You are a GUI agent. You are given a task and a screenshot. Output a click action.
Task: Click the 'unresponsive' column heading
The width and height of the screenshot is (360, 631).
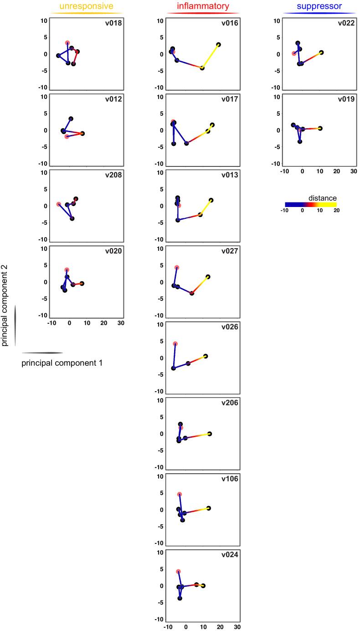87,6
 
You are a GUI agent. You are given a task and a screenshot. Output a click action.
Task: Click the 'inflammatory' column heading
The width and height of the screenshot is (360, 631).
203,6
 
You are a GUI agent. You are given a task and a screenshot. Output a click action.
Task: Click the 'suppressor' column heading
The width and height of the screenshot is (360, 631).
319,6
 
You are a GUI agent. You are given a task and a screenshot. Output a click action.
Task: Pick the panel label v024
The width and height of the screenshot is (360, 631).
230,555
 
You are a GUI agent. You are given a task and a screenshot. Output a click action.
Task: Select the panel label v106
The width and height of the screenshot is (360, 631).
230,479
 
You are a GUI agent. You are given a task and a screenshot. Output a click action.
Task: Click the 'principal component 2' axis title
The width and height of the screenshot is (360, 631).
5,307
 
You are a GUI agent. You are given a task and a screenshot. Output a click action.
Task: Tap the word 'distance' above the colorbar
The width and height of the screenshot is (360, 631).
322,198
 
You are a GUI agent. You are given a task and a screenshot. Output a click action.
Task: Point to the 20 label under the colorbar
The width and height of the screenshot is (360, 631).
336,211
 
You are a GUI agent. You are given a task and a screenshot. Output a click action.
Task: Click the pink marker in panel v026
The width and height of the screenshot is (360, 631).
175,344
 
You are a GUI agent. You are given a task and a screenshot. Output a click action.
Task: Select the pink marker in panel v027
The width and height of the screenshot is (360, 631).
177,268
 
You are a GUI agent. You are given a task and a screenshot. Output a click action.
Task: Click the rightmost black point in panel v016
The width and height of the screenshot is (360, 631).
219,45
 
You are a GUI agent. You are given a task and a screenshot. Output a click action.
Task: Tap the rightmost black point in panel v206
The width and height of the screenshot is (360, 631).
210,434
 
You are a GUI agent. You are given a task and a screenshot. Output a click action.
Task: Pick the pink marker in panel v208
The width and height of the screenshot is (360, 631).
59,204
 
